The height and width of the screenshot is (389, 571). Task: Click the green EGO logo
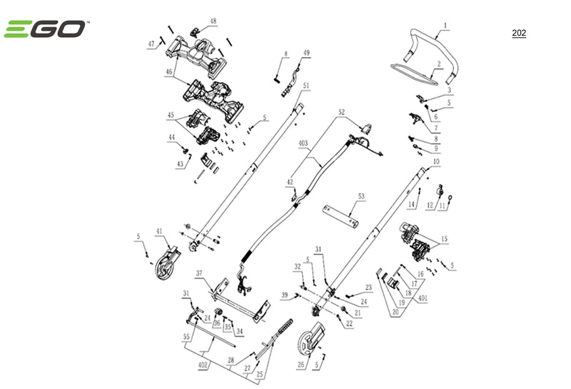click(x=46, y=29)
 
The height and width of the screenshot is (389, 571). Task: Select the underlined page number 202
click(x=519, y=34)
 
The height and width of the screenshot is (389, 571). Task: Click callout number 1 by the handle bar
click(x=445, y=26)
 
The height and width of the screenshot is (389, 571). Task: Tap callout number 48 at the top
click(x=213, y=21)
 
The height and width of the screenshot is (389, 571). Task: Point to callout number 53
click(x=361, y=195)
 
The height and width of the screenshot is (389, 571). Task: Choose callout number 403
click(x=303, y=144)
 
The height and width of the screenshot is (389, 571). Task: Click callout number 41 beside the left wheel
click(x=160, y=231)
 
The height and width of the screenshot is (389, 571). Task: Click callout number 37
click(x=200, y=273)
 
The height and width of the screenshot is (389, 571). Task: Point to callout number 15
click(x=445, y=239)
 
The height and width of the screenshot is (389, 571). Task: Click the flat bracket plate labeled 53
click(x=350, y=213)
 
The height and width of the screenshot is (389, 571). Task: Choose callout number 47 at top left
click(x=151, y=44)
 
